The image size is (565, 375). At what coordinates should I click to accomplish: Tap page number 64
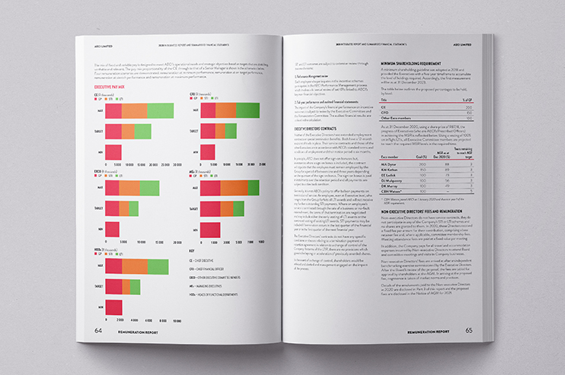coord(98,330)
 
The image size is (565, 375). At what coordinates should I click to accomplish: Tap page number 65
coord(469,329)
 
